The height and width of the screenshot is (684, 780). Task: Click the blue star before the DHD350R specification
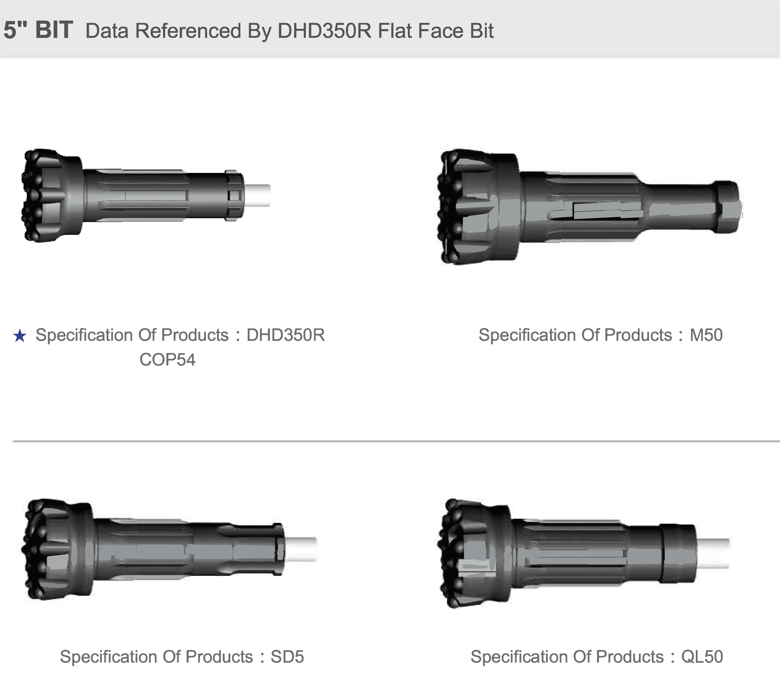coord(20,336)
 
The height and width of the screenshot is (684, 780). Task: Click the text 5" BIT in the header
coord(38,30)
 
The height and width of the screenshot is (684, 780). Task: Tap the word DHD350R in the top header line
coord(324,31)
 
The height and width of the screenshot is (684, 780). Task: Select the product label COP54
coord(168,359)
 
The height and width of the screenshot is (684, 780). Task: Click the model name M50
coord(706,335)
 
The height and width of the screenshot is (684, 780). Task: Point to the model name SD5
coord(287,657)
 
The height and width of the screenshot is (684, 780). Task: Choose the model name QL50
coord(702,657)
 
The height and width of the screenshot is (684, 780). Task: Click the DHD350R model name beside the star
coord(286,335)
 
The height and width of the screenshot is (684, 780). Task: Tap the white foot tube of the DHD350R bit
coord(257,196)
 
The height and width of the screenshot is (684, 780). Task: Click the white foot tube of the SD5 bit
coord(301,549)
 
